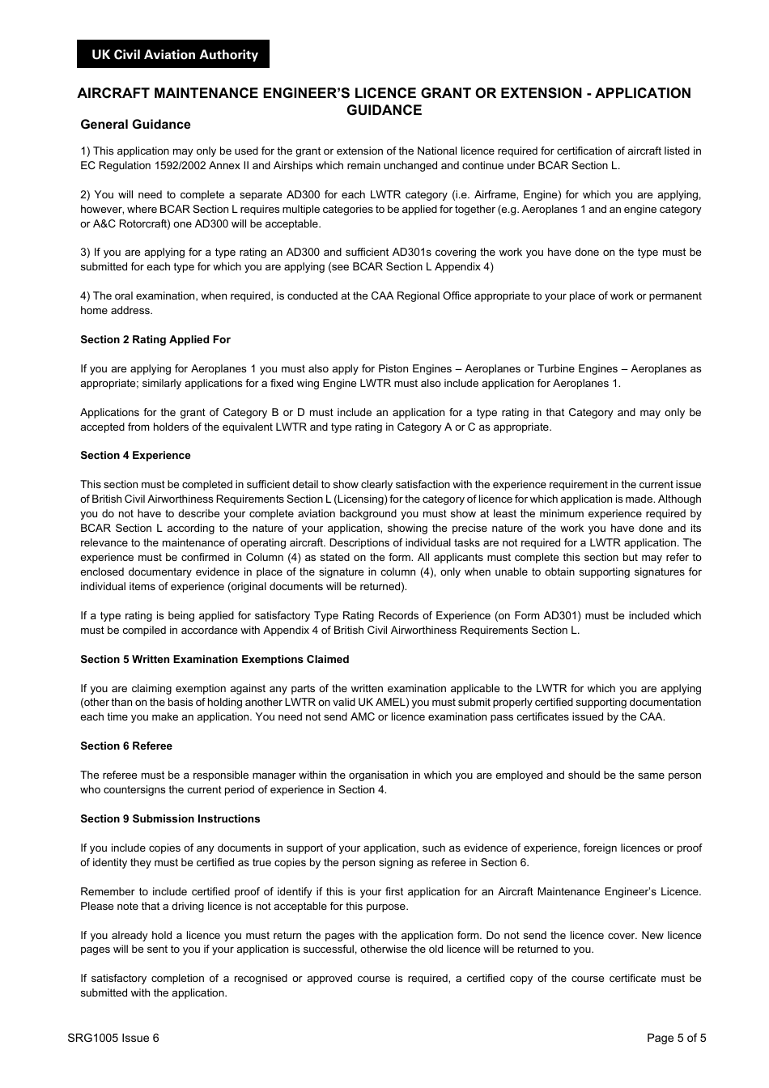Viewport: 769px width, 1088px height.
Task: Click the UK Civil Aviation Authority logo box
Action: pos(174,54)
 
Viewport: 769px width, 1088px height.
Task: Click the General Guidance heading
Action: pos(135,125)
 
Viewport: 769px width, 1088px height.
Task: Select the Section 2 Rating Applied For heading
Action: pos(155,340)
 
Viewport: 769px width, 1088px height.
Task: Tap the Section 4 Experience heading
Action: pos(135,456)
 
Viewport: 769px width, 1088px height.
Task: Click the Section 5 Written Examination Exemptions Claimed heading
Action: pos(215,660)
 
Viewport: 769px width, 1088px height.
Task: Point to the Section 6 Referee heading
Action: pos(125,746)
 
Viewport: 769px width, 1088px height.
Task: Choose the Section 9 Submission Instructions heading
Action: pos(170,819)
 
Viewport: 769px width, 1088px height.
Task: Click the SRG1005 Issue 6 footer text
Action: pos(113,1039)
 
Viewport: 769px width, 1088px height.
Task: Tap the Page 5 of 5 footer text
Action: pos(676,1039)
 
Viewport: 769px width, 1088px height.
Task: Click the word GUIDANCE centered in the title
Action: pos(384,111)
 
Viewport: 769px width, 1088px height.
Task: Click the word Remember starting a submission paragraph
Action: pos(107,892)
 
